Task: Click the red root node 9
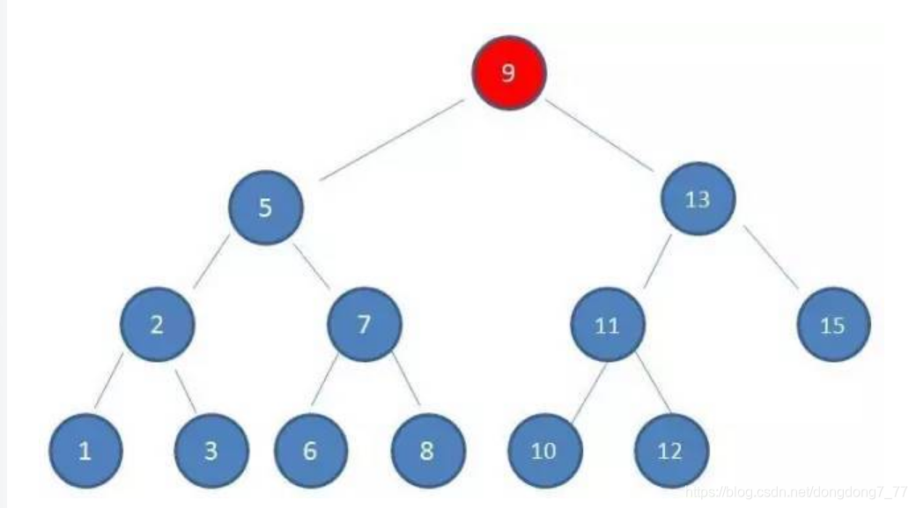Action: pos(508,72)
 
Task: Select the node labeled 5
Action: pos(265,208)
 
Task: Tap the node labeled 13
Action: pos(697,199)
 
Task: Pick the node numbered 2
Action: pos(157,324)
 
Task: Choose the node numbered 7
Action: pos(364,324)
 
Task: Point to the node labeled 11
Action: pos(607,326)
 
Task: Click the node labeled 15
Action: pos(832,326)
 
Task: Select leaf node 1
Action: pos(85,452)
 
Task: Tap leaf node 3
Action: pos(211,452)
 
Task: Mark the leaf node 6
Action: pos(310,452)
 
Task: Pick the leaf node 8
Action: pos(427,452)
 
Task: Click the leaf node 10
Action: pos(543,452)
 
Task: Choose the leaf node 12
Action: pos(669,452)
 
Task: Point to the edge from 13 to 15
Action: pos(772,258)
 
